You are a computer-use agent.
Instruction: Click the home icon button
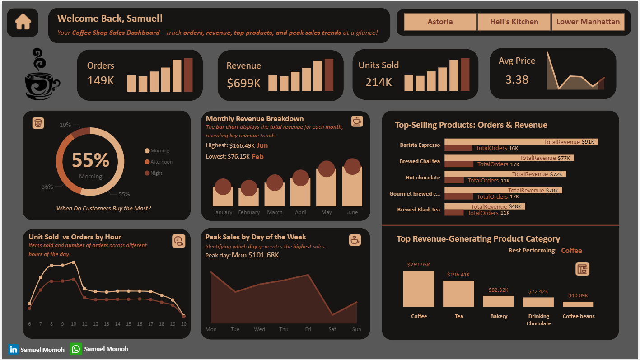coord(23,23)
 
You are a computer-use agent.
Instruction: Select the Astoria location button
coord(440,22)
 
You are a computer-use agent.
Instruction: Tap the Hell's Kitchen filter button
coord(514,22)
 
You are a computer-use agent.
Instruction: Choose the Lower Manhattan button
coord(588,22)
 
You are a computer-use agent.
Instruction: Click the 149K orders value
coord(101,81)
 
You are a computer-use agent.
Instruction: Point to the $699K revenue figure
coord(244,83)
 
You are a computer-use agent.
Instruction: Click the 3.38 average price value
coord(517,80)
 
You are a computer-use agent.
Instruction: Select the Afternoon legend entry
coord(161,162)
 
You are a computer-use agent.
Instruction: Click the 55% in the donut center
coord(90,160)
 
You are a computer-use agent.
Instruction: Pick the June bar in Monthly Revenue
coord(352,187)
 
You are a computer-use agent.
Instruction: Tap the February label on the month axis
coord(249,212)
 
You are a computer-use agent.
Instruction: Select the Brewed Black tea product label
coord(418,210)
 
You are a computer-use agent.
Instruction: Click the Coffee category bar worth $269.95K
coord(418,289)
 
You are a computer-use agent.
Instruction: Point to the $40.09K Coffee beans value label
coord(578,295)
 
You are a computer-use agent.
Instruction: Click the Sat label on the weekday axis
coord(332,329)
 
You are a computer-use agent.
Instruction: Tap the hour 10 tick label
coord(73,324)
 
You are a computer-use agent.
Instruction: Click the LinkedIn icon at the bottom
coord(14,349)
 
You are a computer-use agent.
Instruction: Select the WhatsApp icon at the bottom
coord(76,349)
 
